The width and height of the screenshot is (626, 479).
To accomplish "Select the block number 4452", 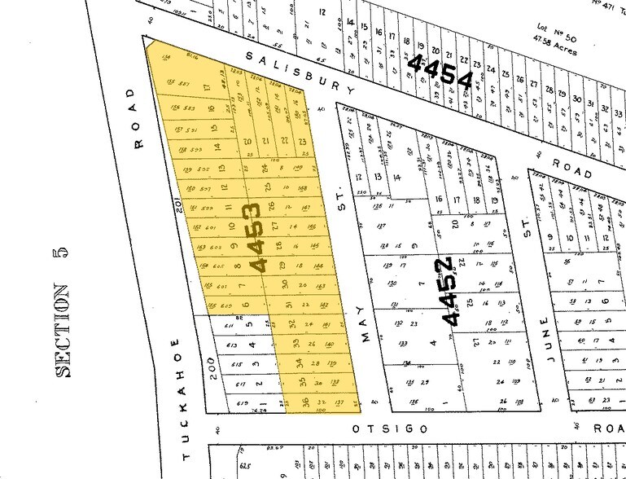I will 456,290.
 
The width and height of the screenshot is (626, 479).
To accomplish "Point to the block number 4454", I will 442,73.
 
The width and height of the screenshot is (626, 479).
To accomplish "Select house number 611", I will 230,325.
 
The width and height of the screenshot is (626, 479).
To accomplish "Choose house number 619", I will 241,403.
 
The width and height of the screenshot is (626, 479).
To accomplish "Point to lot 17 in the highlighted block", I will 208,87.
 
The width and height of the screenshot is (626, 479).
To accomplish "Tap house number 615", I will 236,365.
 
